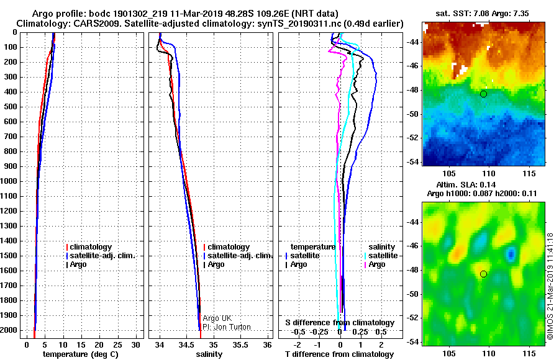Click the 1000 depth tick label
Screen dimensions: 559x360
(9, 181)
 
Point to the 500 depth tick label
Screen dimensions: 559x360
(11, 107)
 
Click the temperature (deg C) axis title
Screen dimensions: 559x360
(81, 354)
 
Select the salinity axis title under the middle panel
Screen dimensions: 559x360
(209, 354)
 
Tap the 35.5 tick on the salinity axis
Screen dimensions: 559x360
(240, 344)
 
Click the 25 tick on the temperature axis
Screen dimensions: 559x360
(117, 344)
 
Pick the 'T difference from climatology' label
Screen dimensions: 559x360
(339, 354)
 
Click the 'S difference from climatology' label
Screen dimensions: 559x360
(340, 323)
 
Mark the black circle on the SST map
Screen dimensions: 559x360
(483, 94)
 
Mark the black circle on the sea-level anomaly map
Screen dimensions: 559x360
(483, 274)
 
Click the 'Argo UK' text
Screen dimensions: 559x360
(217, 318)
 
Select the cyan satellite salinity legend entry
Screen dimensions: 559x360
(381, 256)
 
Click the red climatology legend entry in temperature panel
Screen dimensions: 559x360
(89, 246)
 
